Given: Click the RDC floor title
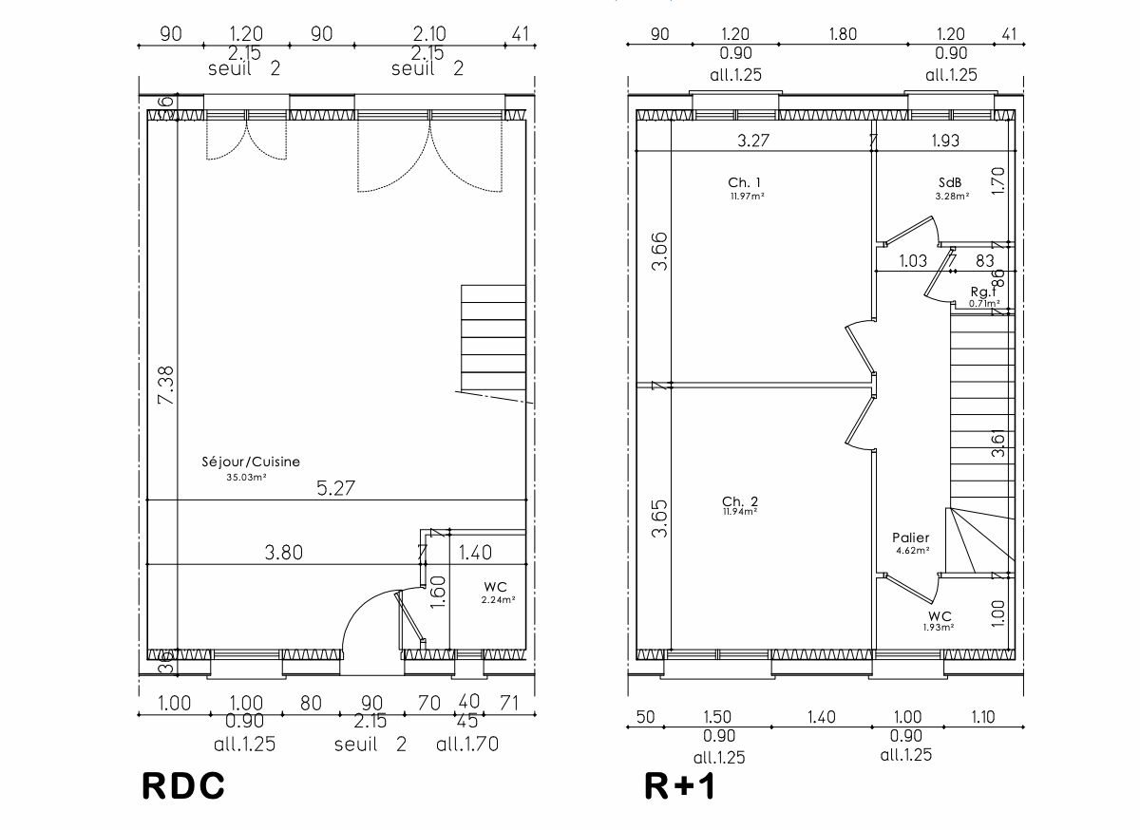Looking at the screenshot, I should [x=183, y=786].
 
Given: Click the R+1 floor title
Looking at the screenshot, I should [x=679, y=786].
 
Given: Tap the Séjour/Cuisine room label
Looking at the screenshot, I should [x=251, y=462].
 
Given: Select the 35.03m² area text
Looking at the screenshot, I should [x=245, y=478].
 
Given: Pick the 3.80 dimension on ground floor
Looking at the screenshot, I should [x=282, y=553].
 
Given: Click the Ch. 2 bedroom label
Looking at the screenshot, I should [x=740, y=500].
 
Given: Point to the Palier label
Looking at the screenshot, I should [x=912, y=538].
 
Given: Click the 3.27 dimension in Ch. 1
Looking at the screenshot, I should [x=754, y=141].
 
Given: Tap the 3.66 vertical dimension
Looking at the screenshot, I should [x=659, y=251].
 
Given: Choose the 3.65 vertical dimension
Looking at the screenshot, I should [x=659, y=519].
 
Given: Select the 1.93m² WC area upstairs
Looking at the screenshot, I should [x=939, y=628].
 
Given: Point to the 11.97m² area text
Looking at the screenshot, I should [x=748, y=197].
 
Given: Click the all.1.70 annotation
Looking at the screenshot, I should [x=467, y=745].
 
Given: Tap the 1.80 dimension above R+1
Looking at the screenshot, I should [x=843, y=34].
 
